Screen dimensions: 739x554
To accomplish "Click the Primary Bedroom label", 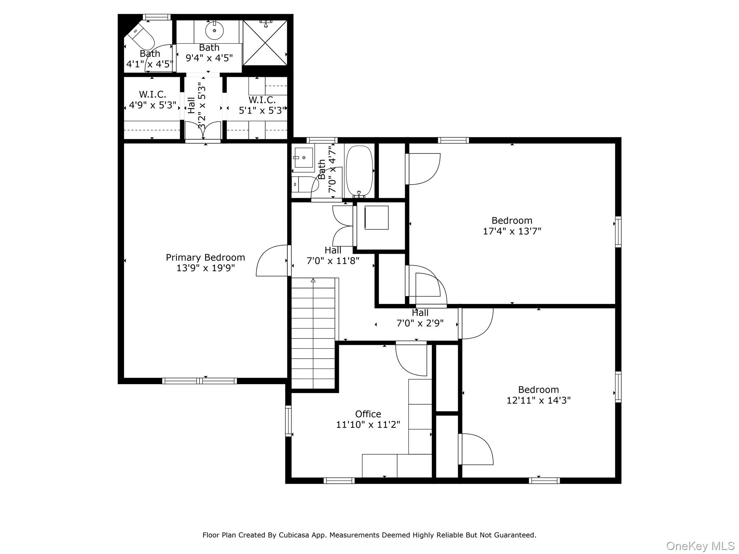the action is pyautogui.click(x=205, y=258).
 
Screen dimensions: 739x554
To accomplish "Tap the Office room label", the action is pyautogui.click(x=368, y=414).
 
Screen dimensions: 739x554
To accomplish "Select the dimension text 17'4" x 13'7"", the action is pyautogui.click(x=512, y=231).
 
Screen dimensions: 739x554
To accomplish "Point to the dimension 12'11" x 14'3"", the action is pyautogui.click(x=538, y=400).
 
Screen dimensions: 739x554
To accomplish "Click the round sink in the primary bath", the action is pyautogui.click(x=214, y=31).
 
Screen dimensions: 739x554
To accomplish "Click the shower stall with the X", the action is pyautogui.click(x=266, y=43).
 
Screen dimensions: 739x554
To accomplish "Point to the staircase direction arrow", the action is pyautogui.click(x=313, y=280).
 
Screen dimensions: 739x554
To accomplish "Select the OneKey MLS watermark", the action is pyautogui.click(x=700, y=546).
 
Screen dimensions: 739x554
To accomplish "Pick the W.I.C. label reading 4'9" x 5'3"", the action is pyautogui.click(x=153, y=100).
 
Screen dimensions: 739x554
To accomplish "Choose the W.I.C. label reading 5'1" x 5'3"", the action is pyautogui.click(x=262, y=105).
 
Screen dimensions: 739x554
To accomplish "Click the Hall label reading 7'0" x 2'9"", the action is pyautogui.click(x=420, y=318).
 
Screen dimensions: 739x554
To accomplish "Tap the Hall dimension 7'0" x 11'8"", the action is pyautogui.click(x=333, y=260).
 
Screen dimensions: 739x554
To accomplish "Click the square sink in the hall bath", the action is pyautogui.click(x=303, y=158).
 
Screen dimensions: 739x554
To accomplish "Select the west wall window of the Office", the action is pyautogui.click(x=288, y=421).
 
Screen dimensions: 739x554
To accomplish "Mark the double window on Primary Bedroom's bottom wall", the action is pyautogui.click(x=200, y=381).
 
